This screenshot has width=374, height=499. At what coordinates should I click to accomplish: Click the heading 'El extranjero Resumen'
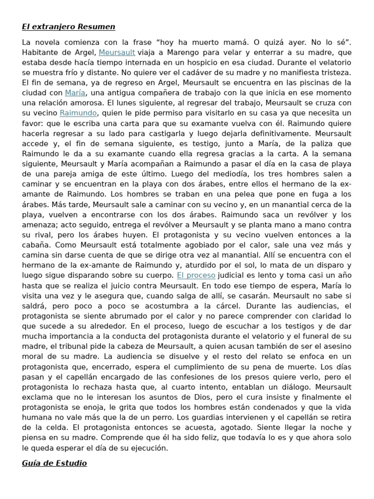[x=69, y=26]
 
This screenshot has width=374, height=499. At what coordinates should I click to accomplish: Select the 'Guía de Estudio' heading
[x=55, y=463]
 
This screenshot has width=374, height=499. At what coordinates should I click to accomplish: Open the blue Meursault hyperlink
[x=117, y=53]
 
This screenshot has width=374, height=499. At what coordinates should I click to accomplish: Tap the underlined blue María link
[x=75, y=92]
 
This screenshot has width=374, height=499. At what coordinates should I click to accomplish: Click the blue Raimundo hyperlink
[x=78, y=113]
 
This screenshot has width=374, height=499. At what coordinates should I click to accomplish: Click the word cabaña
[x=38, y=245]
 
